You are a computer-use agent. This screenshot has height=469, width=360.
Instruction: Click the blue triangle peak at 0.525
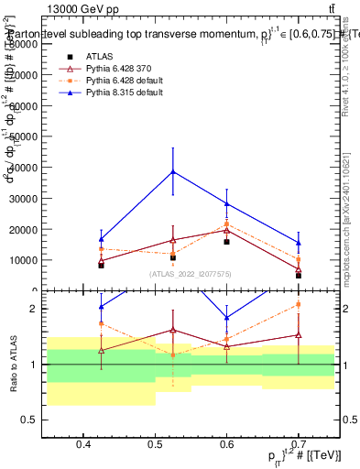point(173,171)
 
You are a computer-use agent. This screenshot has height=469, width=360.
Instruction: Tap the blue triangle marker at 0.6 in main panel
point(226,203)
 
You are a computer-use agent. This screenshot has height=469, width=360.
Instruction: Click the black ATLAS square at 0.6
point(226,242)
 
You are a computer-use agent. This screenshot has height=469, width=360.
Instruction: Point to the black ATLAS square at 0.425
point(102,265)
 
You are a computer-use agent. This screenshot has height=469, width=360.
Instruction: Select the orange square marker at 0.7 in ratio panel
point(298,304)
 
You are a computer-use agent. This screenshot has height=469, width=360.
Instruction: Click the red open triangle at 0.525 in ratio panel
point(173,330)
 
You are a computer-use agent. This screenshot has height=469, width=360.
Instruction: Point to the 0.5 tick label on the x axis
point(155,445)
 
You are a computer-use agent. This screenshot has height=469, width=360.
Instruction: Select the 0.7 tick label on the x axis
point(298,445)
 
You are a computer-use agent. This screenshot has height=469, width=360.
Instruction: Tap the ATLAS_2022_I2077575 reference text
point(191,273)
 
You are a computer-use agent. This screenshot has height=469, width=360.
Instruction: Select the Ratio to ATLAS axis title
point(12,365)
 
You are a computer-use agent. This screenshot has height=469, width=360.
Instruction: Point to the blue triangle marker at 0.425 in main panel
point(102,239)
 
